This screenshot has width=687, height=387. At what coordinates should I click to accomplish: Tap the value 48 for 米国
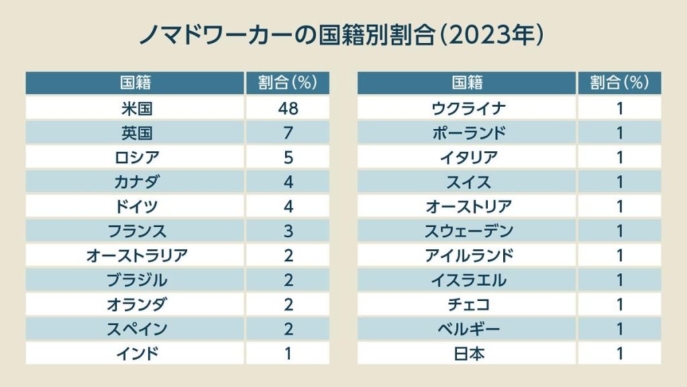pyautogui.click(x=288, y=108)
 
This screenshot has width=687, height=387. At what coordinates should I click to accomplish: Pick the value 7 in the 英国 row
pyautogui.click(x=288, y=133)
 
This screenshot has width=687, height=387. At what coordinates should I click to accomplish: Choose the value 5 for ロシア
pyautogui.click(x=288, y=157)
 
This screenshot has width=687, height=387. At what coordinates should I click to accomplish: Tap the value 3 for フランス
pyautogui.click(x=288, y=231)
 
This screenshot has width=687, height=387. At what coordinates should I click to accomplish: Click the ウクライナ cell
pyautogui.click(x=468, y=108)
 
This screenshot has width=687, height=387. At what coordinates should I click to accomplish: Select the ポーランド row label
pyautogui.click(x=468, y=133)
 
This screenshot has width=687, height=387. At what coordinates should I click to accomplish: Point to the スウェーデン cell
pyautogui.click(x=468, y=231)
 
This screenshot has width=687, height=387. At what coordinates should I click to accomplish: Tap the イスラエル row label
pyautogui.click(x=468, y=280)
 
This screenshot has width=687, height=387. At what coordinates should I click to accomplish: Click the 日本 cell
pyautogui.click(x=468, y=353)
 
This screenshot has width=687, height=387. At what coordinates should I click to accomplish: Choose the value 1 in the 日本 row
pyautogui.click(x=620, y=353)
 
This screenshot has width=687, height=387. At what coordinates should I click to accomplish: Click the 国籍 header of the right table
pyautogui.click(x=468, y=83)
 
